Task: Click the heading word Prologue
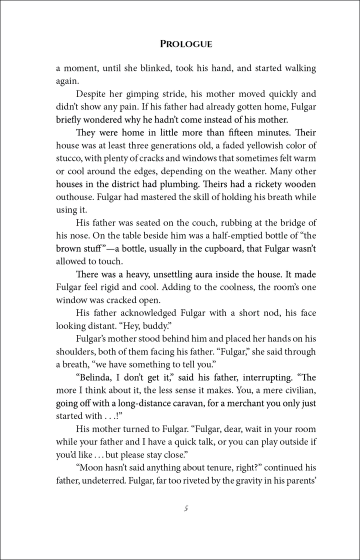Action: (x=186, y=44)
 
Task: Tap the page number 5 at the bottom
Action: (x=185, y=509)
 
